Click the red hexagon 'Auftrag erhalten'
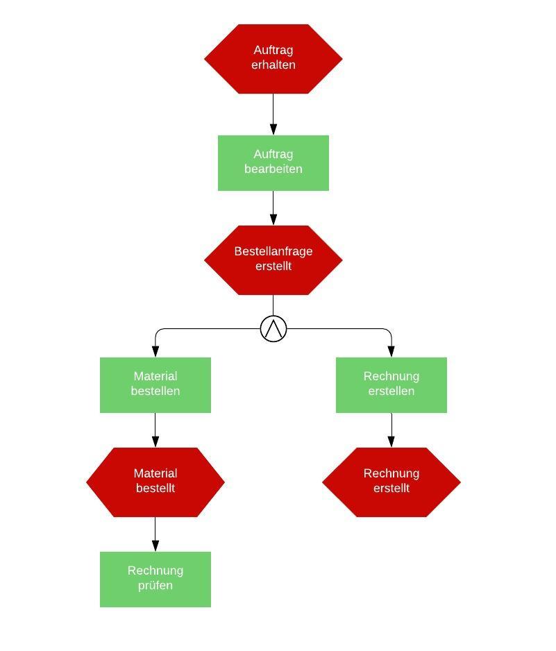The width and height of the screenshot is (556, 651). [273, 59]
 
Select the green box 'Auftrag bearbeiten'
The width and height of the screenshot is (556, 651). [273, 163]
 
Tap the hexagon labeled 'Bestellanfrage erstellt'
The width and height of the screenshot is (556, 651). [273, 260]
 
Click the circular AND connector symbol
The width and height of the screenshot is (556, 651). [273, 328]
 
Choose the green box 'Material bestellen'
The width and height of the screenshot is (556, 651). [155, 385]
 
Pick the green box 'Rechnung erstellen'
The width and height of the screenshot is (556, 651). [391, 385]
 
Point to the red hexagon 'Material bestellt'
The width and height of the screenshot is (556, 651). [155, 482]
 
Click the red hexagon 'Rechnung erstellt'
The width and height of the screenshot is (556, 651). [391, 482]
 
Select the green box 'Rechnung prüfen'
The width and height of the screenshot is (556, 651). [155, 580]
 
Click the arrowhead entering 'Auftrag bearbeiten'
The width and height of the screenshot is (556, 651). [273, 129]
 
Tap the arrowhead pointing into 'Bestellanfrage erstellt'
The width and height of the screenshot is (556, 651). [273, 219]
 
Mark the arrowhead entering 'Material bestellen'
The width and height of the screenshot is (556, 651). [155, 351]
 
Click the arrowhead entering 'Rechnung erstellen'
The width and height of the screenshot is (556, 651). [391, 351]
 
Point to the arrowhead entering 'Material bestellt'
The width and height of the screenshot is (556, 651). [155, 441]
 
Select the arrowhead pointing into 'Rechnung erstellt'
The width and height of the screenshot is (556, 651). [391, 441]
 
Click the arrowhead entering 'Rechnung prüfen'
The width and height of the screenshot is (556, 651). [155, 546]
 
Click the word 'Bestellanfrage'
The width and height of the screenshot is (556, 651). [273, 251]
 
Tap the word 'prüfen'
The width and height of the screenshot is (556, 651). [155, 585]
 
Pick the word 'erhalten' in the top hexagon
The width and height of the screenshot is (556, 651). [273, 65]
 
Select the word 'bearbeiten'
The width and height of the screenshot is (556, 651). [273, 169]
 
